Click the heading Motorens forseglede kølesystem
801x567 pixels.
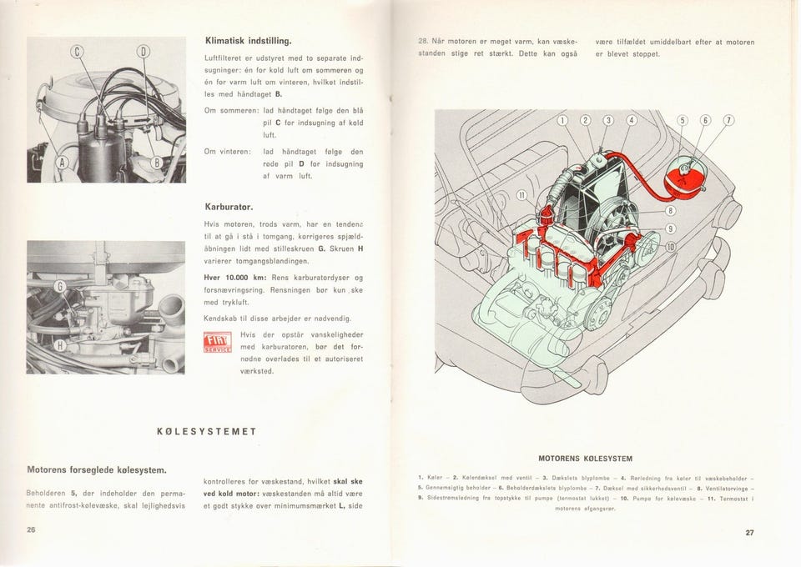[98, 469]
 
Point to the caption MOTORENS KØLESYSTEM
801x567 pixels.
[585, 459]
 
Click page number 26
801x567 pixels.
[33, 531]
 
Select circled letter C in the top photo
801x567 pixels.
[80, 54]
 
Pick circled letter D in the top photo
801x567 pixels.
[143, 54]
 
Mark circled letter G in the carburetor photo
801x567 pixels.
[60, 289]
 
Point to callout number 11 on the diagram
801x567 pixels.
[522, 196]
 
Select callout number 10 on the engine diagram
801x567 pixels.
[669, 246]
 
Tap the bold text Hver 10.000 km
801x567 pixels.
[237, 278]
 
